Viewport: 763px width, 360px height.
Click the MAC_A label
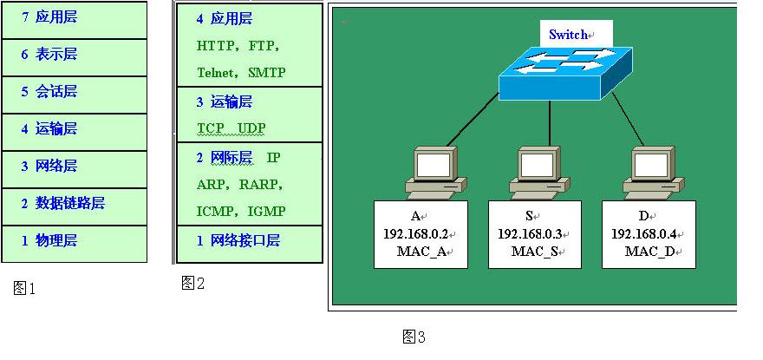click(419, 252)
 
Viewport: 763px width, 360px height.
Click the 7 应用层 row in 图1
click(74, 16)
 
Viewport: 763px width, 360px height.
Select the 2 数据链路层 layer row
click(74, 204)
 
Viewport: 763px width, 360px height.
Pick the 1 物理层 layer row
click(74, 241)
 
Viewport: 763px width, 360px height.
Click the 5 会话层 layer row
click(74, 91)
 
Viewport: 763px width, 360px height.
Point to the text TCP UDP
click(232, 128)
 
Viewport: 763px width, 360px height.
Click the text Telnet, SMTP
click(241, 73)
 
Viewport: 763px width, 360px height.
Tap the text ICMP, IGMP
click(241, 211)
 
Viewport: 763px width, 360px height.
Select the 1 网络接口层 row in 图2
click(249, 241)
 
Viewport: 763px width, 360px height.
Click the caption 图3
click(414, 337)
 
